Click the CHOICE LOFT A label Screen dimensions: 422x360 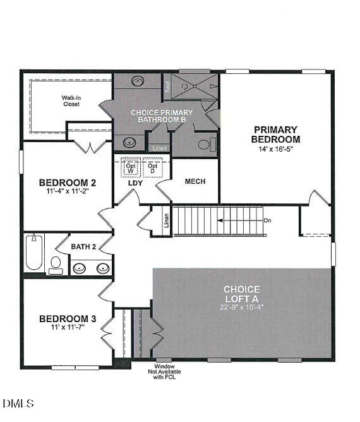(x=242, y=294)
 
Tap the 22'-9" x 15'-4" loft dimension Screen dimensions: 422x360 (x=242, y=307)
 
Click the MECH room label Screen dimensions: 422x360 (x=195, y=181)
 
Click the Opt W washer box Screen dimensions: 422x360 (x=131, y=167)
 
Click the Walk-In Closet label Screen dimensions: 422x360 (x=71, y=101)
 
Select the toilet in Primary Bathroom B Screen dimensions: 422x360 (x=204, y=145)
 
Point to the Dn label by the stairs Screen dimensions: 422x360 (x=267, y=220)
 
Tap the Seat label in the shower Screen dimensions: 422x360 (x=167, y=87)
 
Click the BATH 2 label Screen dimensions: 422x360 (x=83, y=246)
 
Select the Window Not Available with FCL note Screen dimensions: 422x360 (x=168, y=373)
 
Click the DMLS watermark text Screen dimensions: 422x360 (x=18, y=403)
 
